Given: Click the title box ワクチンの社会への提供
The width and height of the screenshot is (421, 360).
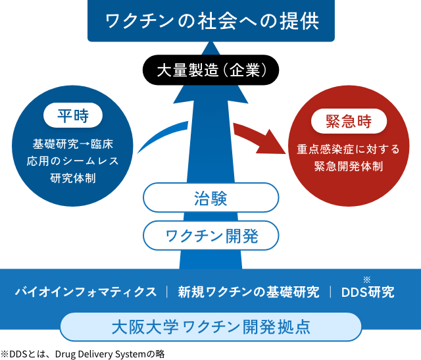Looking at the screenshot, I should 210,20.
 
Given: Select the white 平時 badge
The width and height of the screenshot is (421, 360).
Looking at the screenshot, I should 72,116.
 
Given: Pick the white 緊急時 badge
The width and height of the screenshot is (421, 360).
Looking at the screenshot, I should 349,121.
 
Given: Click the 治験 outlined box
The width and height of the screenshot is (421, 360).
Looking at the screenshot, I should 210,198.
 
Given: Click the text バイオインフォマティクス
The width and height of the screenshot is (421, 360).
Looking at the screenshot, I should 86,292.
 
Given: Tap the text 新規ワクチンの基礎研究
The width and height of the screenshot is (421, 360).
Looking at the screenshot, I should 249,292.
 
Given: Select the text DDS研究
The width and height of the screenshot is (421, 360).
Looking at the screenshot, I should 368,292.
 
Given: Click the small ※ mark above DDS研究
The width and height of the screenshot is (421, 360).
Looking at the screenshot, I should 366,279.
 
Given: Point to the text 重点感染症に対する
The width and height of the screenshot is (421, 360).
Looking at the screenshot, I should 349,149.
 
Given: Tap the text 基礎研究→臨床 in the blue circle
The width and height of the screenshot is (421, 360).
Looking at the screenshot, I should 72,144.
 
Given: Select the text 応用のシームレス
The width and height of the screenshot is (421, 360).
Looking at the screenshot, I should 72,161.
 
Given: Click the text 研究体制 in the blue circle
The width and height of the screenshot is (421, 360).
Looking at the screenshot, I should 72,177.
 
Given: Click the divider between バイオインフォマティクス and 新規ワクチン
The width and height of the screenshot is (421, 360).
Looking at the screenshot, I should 168,292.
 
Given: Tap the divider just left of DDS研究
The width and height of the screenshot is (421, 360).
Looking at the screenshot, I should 330,292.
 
